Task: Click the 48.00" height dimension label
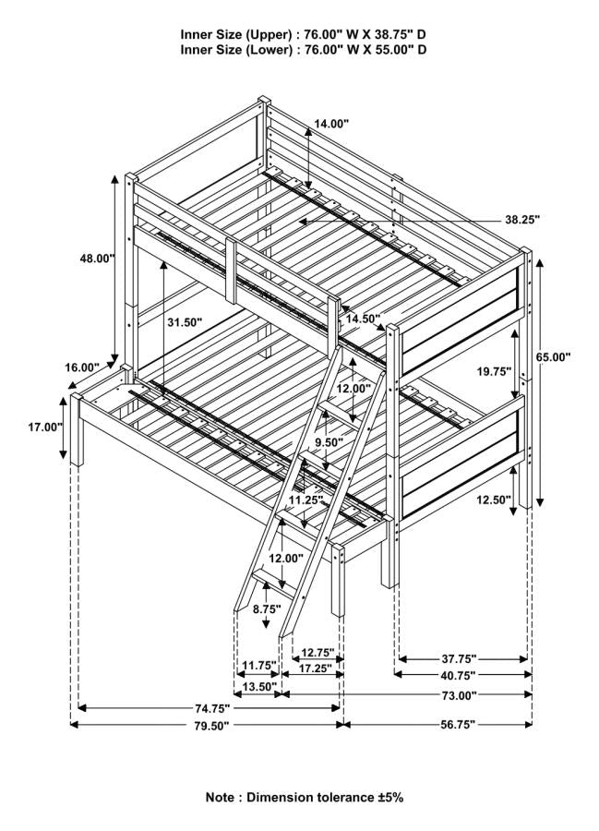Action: coord(96,259)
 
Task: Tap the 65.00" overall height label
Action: coord(553,355)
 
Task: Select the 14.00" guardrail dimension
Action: coord(332,123)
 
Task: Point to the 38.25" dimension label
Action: coord(521,220)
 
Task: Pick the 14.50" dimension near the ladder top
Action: coord(363,319)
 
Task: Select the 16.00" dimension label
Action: coord(81,367)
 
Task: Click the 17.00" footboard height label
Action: coord(44,427)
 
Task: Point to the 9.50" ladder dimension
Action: coord(329,442)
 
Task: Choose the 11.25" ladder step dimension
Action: coord(305,500)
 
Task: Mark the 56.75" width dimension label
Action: coord(456,726)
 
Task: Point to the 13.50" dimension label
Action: coord(258,686)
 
